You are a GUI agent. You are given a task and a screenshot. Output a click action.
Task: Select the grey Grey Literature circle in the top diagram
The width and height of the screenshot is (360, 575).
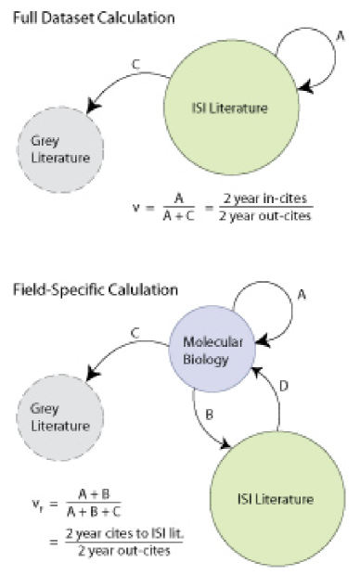tap(56, 151)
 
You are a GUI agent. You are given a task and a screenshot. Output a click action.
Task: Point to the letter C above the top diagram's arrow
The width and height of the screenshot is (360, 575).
tap(136, 65)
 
